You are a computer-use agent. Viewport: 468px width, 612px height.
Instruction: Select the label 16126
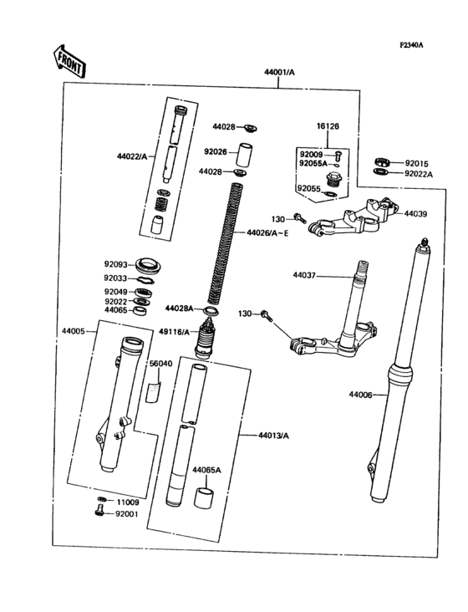pos(328,126)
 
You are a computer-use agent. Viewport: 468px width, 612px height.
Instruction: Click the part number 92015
pos(416,163)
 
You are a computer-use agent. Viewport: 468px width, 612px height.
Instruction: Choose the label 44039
pos(415,214)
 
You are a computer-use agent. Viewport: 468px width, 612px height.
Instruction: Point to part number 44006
pos(361,394)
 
